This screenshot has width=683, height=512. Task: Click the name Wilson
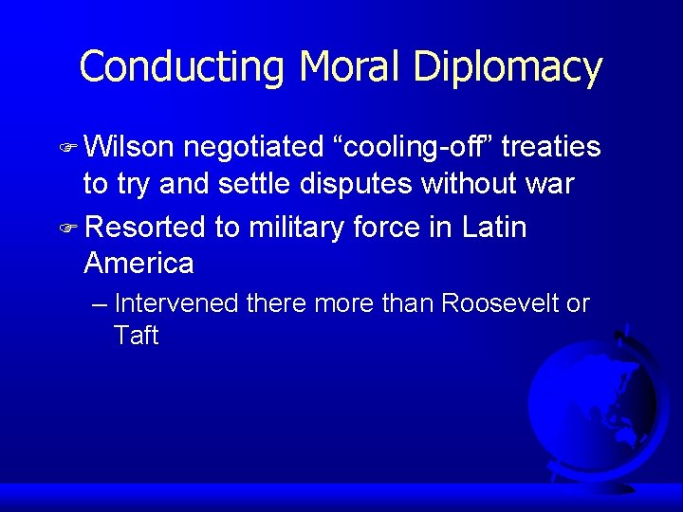click(128, 147)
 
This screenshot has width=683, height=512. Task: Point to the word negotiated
click(254, 147)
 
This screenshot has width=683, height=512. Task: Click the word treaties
click(551, 147)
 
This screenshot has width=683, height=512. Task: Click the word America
click(138, 263)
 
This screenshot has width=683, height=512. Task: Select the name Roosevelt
click(503, 304)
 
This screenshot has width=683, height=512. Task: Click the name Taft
click(136, 335)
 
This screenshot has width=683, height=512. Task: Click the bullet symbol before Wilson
click(67, 148)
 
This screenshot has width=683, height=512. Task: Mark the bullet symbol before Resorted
click(67, 229)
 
